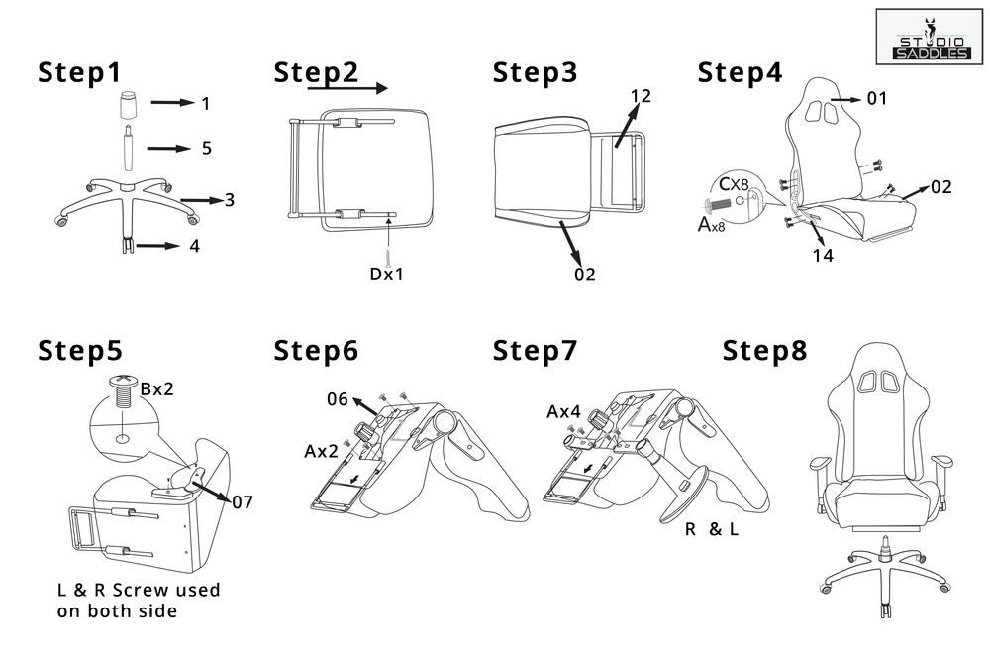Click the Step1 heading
[79, 73]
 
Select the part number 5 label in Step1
[206, 148]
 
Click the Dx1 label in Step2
[387, 275]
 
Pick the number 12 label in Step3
[640, 96]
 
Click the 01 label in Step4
[876, 98]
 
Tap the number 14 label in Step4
[822, 256]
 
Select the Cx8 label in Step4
[734, 184]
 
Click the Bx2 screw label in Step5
[157, 388]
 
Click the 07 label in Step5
[243, 502]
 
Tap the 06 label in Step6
[338, 399]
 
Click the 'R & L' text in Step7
[712, 529]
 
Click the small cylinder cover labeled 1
[129, 103]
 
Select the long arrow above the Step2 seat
[346, 88]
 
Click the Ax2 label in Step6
[321, 451]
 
